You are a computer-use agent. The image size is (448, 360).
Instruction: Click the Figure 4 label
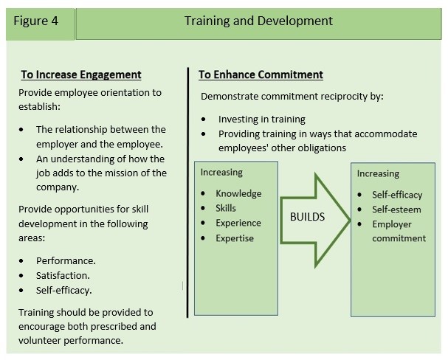pyautogui.click(x=35, y=21)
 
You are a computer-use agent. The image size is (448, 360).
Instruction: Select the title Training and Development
pyautogui.click(x=258, y=21)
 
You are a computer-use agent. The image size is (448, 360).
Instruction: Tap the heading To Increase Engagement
pyautogui.click(x=81, y=75)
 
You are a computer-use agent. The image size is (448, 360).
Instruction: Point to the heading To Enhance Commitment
pyautogui.click(x=261, y=75)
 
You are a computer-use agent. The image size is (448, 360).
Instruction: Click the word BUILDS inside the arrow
pyautogui.click(x=308, y=217)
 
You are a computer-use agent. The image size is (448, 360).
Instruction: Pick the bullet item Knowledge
pyautogui.click(x=238, y=193)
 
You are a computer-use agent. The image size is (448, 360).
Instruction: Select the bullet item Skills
pyautogui.click(x=226, y=208)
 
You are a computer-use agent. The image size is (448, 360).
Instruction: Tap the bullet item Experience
pyautogui.click(x=238, y=223)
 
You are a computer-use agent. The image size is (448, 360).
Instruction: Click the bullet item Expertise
pyautogui.click(x=235, y=238)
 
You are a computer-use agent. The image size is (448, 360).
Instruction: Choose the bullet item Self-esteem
pyautogui.click(x=396, y=210)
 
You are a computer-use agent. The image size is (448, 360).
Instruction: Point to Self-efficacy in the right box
pyautogui.click(x=397, y=195)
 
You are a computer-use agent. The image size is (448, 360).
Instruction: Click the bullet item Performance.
pyautogui.click(x=66, y=260)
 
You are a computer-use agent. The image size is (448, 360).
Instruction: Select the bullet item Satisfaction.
pyautogui.click(x=63, y=275)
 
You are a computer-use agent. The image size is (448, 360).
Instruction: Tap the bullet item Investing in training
pyautogui.click(x=262, y=119)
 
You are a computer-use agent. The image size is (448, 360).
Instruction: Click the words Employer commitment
pyautogui.click(x=399, y=231)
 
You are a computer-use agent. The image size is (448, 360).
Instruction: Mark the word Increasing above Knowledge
pyautogui.click(x=221, y=173)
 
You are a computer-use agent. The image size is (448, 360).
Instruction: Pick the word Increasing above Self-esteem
pyautogui.click(x=378, y=173)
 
